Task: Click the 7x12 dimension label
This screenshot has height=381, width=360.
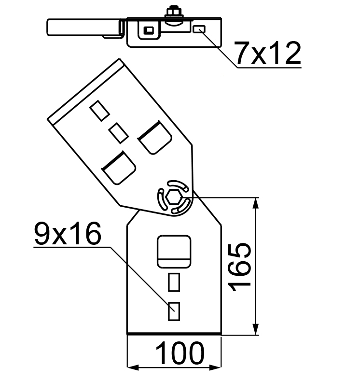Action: pyautogui.click(x=268, y=53)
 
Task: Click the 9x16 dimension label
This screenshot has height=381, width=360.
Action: pyautogui.click(x=68, y=234)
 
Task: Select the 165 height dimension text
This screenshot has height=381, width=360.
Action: pyautogui.click(x=239, y=267)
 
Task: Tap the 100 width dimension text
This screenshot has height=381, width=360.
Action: pyautogui.click(x=180, y=353)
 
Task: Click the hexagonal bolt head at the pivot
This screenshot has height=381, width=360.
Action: pyautogui.click(x=174, y=197)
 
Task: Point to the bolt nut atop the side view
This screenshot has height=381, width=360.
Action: pyautogui.click(x=174, y=12)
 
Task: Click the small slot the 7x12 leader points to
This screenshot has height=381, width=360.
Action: pyautogui.click(x=199, y=29)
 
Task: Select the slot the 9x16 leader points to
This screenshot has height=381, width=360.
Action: pyautogui.click(x=174, y=311)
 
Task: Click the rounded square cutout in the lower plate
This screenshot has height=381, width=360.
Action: pyautogui.click(x=174, y=252)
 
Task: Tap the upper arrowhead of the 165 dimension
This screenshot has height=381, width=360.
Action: pyautogui.click(x=255, y=203)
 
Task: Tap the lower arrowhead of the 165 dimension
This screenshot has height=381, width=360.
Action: pyautogui.click(x=255, y=329)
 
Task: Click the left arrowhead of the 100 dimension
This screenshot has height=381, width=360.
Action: pyautogui.click(x=133, y=367)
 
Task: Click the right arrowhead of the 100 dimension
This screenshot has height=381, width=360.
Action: pyautogui.click(x=215, y=367)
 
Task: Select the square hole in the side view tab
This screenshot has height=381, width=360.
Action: pyautogui.click(x=149, y=30)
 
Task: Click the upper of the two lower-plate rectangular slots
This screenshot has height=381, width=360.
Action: pyautogui.click(x=174, y=282)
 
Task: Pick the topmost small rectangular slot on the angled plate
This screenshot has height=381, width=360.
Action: pyautogui.click(x=99, y=111)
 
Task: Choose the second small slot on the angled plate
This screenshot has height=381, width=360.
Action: pyautogui.click(x=118, y=133)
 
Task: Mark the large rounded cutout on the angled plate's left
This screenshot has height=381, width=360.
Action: pyautogui.click(x=119, y=168)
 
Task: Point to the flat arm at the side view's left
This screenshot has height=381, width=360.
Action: pyautogui.click(x=84, y=27)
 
